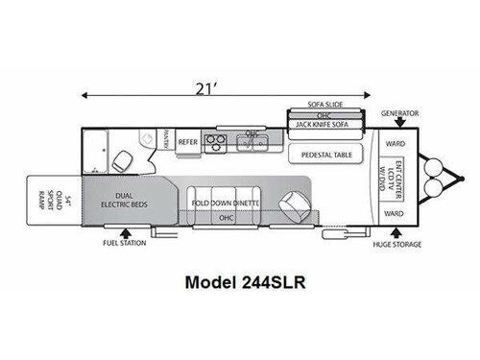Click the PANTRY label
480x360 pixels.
[x=166, y=141]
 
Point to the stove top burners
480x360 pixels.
[x=218, y=146]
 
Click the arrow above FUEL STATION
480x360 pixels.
[x=124, y=230]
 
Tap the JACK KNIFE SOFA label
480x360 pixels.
[x=328, y=124]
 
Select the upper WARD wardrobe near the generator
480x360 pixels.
[x=395, y=146]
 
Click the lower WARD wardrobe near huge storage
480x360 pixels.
[x=395, y=214]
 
